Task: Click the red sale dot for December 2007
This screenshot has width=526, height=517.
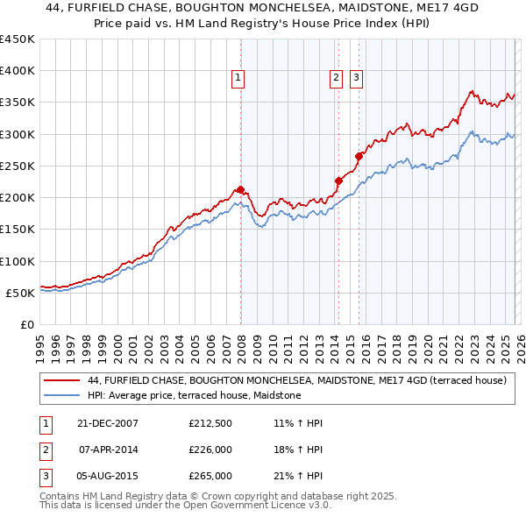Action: [x=240, y=189]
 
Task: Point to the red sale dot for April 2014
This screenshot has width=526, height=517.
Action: [x=338, y=181]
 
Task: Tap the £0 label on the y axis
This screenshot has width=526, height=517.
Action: [x=26, y=324]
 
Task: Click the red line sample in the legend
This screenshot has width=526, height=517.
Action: [x=61, y=381]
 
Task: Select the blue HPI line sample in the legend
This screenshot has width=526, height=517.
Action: [x=61, y=396]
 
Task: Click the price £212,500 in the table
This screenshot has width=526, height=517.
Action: [x=210, y=423]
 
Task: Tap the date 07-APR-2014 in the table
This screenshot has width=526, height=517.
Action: [x=109, y=450]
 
